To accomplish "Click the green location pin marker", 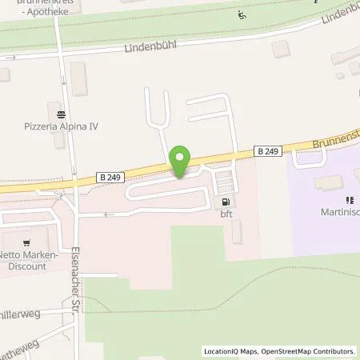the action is (182, 162).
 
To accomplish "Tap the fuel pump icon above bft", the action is (226, 203).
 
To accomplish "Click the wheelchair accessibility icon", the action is (242, 14).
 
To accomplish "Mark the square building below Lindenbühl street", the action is (281, 50).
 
